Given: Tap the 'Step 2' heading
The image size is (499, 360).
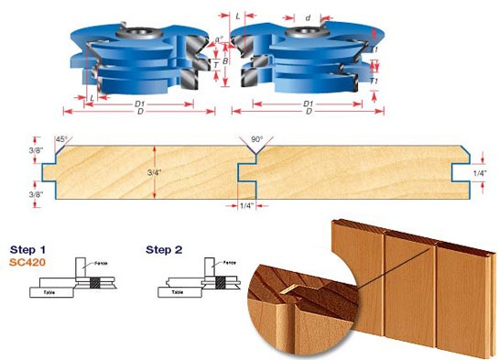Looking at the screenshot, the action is (x=165, y=248).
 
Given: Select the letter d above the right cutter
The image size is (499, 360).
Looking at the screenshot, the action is (x=308, y=17).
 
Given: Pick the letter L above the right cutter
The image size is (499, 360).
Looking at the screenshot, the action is (x=239, y=17).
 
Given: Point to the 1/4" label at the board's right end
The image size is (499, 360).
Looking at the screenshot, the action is (x=480, y=171).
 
